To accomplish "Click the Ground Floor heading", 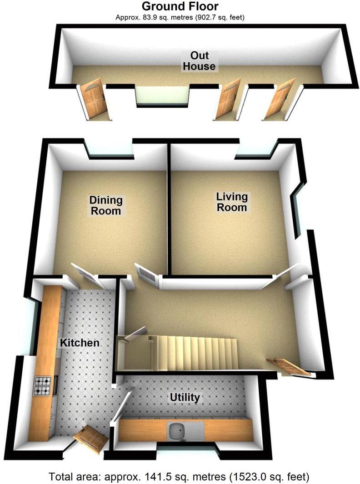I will (180, 6).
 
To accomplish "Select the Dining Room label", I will (106, 205).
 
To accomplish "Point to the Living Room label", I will (232, 202).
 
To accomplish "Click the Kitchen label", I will (80, 342).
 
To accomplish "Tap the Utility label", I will (185, 398).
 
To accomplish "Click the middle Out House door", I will (228, 100).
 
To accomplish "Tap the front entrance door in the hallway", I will (289, 367).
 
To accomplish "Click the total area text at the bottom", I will (180, 477).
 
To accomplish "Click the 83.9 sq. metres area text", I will (180, 18).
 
